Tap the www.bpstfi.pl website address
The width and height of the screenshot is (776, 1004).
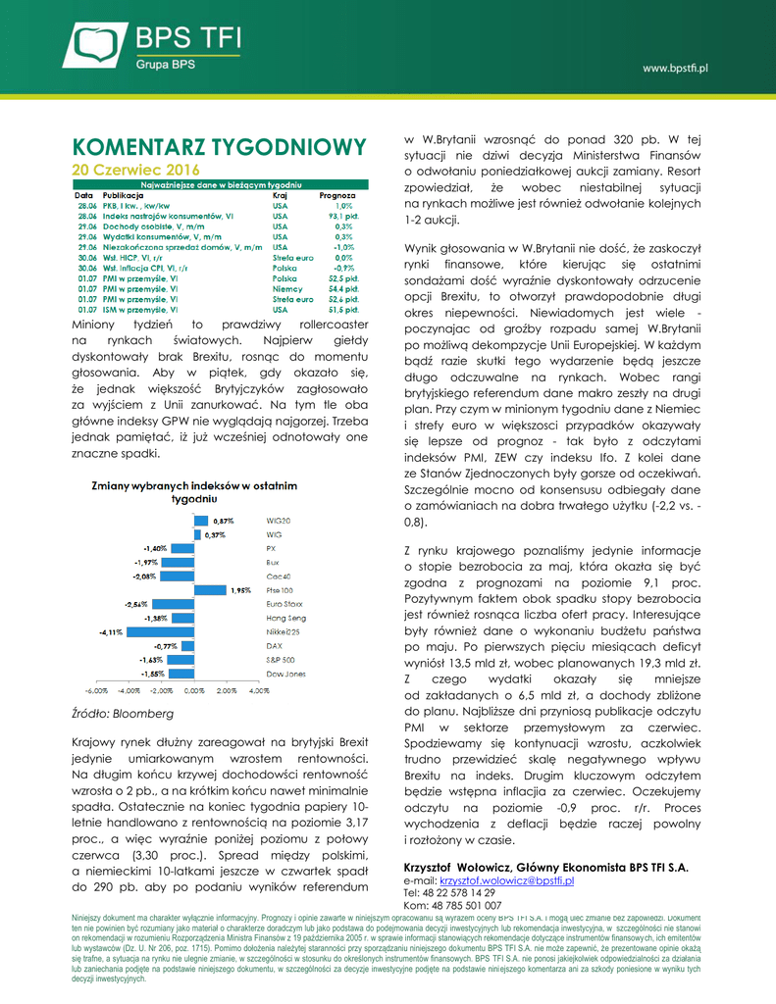pos(675,68)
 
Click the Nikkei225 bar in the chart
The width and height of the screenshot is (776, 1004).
pos(159,632)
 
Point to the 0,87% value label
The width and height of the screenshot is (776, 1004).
pos(225,521)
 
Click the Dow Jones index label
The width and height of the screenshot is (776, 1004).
pos(285,675)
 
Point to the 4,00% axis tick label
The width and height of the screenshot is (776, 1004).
pos(259,691)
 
